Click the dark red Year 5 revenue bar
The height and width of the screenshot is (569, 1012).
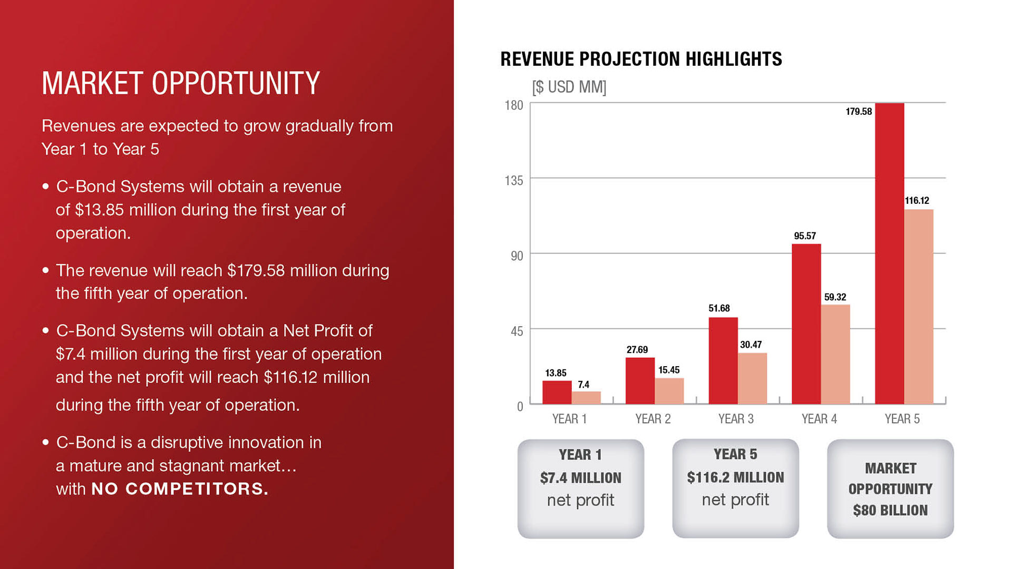(x=889, y=253)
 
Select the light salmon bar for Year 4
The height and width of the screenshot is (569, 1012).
(x=835, y=354)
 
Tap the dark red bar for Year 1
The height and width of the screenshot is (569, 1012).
(x=557, y=392)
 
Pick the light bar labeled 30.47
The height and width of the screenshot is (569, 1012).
(x=752, y=378)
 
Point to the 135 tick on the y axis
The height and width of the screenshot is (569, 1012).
(x=514, y=181)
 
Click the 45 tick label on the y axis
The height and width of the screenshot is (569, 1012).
(x=517, y=331)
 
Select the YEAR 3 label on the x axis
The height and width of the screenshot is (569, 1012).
(x=736, y=419)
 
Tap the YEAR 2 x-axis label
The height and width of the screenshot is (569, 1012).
(x=653, y=419)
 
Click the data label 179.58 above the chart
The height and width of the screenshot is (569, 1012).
(x=859, y=112)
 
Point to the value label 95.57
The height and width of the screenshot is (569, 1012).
(x=805, y=236)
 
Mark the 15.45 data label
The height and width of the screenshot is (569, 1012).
(x=669, y=370)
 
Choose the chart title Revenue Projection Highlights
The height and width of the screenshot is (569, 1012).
(x=641, y=59)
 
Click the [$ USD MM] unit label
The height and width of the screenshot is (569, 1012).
(x=569, y=87)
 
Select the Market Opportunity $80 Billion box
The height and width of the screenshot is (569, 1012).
(x=890, y=489)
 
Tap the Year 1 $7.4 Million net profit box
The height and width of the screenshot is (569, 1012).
(x=580, y=489)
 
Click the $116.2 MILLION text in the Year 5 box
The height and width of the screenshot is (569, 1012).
(x=735, y=477)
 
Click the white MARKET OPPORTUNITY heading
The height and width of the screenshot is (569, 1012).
(x=181, y=83)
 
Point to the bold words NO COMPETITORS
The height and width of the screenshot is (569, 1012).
(x=180, y=489)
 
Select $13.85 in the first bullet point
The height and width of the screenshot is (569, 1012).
(x=100, y=210)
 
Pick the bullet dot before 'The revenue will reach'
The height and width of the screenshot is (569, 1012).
(x=46, y=270)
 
